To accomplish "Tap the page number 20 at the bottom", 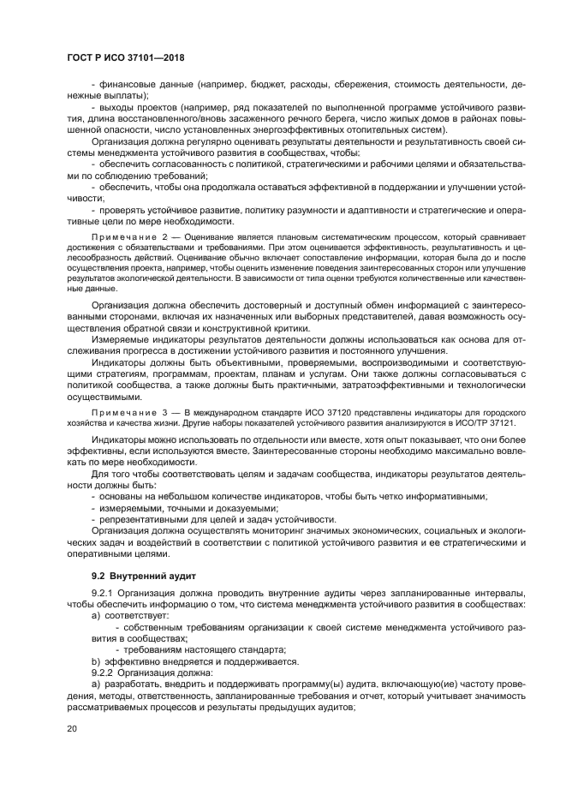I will pyautogui.click(x=72, y=728).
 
